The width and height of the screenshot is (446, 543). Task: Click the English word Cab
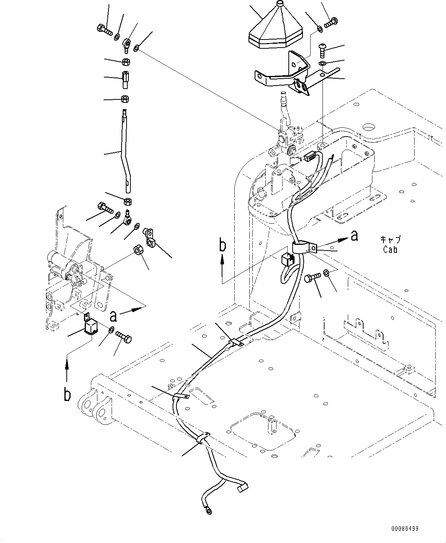390,249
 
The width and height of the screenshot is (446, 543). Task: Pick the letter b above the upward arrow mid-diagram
222,246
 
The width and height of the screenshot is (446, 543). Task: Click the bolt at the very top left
103,29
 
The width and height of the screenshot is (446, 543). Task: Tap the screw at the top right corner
330,22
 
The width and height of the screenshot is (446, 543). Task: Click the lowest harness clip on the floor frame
202,438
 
